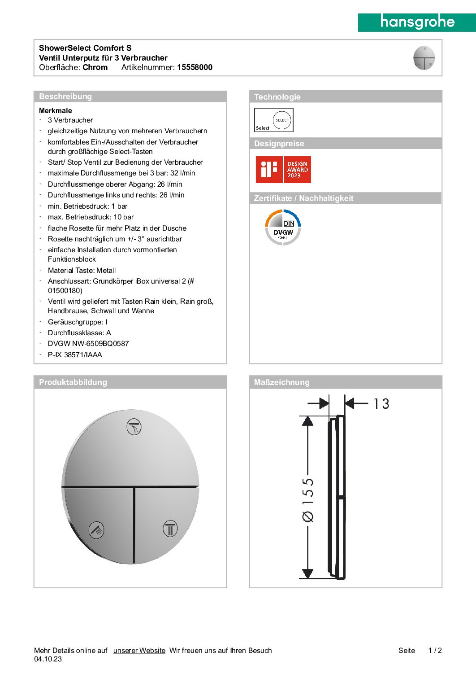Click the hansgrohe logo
(417, 22)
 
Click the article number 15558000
(195, 67)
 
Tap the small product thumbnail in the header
(424, 58)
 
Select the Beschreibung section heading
(65, 96)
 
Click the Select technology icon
(274, 120)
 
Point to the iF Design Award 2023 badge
(283, 170)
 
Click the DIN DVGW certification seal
(283, 228)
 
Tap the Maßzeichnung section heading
(281, 382)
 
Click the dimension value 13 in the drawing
(381, 404)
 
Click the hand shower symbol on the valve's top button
(134, 427)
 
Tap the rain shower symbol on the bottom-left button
(96, 530)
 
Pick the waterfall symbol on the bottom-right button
(170, 528)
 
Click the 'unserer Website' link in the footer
(139, 651)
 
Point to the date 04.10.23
(48, 659)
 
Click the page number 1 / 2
(435, 651)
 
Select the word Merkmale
(56, 110)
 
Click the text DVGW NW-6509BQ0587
(88, 344)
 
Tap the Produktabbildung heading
(73, 382)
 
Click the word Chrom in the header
(95, 67)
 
